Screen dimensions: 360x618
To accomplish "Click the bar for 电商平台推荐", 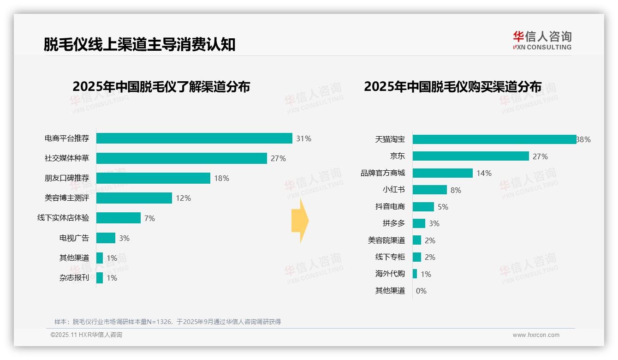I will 194,138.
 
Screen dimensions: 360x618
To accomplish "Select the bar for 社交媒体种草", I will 182,158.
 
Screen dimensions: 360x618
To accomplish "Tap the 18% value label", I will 221,178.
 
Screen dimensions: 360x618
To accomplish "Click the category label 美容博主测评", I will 67,198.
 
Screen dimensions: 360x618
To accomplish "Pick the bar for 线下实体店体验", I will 119,218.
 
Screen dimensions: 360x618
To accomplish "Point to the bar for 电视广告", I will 106,238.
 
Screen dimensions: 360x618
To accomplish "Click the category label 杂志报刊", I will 74,278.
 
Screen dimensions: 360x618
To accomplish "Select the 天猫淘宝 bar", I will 494,139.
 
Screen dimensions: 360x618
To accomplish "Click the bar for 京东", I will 471,156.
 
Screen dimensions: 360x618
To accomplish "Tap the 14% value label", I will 484,173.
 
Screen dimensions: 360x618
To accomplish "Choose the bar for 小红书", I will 430,190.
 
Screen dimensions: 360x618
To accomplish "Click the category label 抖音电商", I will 390,207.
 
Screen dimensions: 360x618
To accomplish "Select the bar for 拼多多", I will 419,223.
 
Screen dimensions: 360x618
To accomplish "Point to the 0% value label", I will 421,291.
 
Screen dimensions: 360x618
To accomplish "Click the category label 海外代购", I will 390,274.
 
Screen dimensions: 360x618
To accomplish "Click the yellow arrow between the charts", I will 300,221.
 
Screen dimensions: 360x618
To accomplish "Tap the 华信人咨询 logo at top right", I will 542,40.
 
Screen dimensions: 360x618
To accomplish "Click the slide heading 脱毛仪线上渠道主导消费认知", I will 140,44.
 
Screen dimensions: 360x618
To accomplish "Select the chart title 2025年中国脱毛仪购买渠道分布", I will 452,87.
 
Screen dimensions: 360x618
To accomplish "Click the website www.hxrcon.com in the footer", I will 536,335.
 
